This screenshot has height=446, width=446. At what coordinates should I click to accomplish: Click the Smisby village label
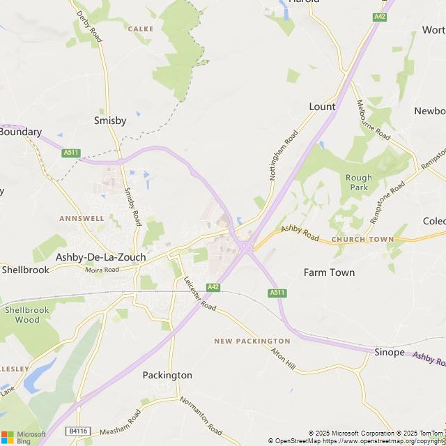[x=110, y=121]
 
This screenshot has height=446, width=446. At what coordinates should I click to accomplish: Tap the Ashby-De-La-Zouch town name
[x=100, y=257]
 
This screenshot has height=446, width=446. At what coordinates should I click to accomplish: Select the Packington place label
[x=167, y=375]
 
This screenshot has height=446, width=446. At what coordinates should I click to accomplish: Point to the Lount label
[x=322, y=107]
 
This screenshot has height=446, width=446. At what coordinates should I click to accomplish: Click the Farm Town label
[x=329, y=272]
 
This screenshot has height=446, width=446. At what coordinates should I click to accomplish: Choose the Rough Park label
[x=358, y=183]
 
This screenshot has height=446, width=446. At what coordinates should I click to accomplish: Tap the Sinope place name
[x=389, y=353]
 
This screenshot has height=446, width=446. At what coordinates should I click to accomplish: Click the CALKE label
[x=141, y=29]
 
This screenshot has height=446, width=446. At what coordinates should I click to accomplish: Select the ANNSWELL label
[x=82, y=218]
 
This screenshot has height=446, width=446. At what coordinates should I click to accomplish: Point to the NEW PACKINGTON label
[x=242, y=341]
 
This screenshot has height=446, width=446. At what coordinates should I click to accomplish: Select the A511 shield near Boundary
[x=70, y=153]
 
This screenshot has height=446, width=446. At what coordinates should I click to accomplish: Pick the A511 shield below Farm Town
[x=277, y=293]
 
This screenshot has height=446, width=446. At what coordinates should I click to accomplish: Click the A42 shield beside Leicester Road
[x=213, y=287]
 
